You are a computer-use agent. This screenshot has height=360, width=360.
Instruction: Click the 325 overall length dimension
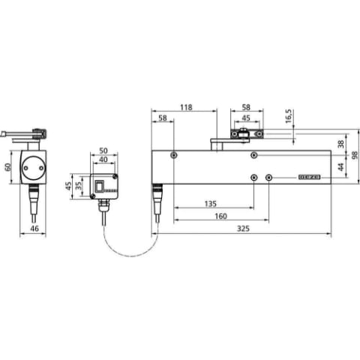243,229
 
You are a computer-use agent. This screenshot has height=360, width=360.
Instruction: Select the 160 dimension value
221,216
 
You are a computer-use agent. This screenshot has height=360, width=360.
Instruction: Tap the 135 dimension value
211,204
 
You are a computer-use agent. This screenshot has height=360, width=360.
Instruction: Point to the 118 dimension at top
187,107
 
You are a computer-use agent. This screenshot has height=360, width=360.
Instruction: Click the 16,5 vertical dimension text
289,116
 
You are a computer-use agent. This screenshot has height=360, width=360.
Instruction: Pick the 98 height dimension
355,155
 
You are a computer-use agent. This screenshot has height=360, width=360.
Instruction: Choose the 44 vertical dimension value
341,166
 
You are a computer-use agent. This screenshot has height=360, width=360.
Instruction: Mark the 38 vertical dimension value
341,144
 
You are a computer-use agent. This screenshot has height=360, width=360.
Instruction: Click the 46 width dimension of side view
34,228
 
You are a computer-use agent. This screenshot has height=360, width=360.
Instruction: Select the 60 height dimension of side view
8,167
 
